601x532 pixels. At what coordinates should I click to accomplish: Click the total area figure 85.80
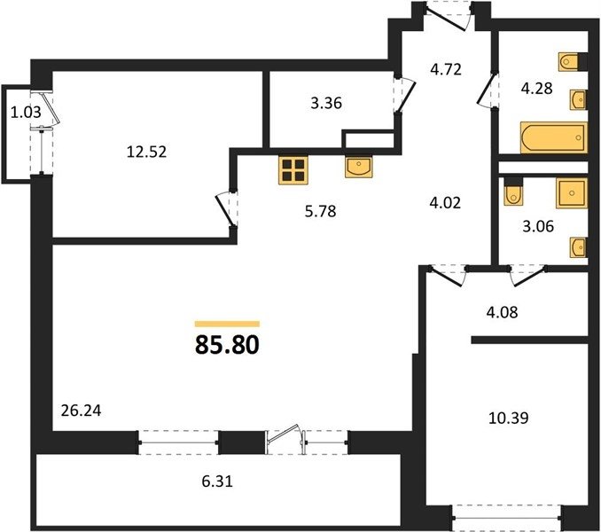point(227,345)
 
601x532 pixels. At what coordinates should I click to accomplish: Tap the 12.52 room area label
point(147,153)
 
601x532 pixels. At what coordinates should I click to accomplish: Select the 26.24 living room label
point(82,411)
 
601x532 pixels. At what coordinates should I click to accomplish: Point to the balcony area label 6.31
point(217,481)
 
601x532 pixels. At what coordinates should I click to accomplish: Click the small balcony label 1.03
point(26,113)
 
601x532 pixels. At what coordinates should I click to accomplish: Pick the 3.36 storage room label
point(326,103)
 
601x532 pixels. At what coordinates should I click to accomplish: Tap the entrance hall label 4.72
point(446,70)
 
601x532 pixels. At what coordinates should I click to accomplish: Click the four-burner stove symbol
point(293,170)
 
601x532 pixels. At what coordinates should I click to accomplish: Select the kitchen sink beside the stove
point(358,167)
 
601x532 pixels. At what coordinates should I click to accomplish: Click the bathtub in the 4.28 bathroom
point(554,137)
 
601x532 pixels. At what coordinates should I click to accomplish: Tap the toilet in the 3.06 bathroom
point(512,192)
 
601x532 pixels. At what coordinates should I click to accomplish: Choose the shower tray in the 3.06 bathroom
point(572,192)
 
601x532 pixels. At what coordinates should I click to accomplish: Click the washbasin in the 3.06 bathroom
point(579,247)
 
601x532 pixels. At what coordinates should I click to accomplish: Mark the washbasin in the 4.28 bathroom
point(579,100)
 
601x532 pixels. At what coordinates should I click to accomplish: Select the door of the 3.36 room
point(406,95)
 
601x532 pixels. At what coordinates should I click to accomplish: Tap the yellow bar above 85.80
point(227,324)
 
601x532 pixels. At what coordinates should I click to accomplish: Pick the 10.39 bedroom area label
point(509,418)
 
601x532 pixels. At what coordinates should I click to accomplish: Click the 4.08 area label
point(502,312)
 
